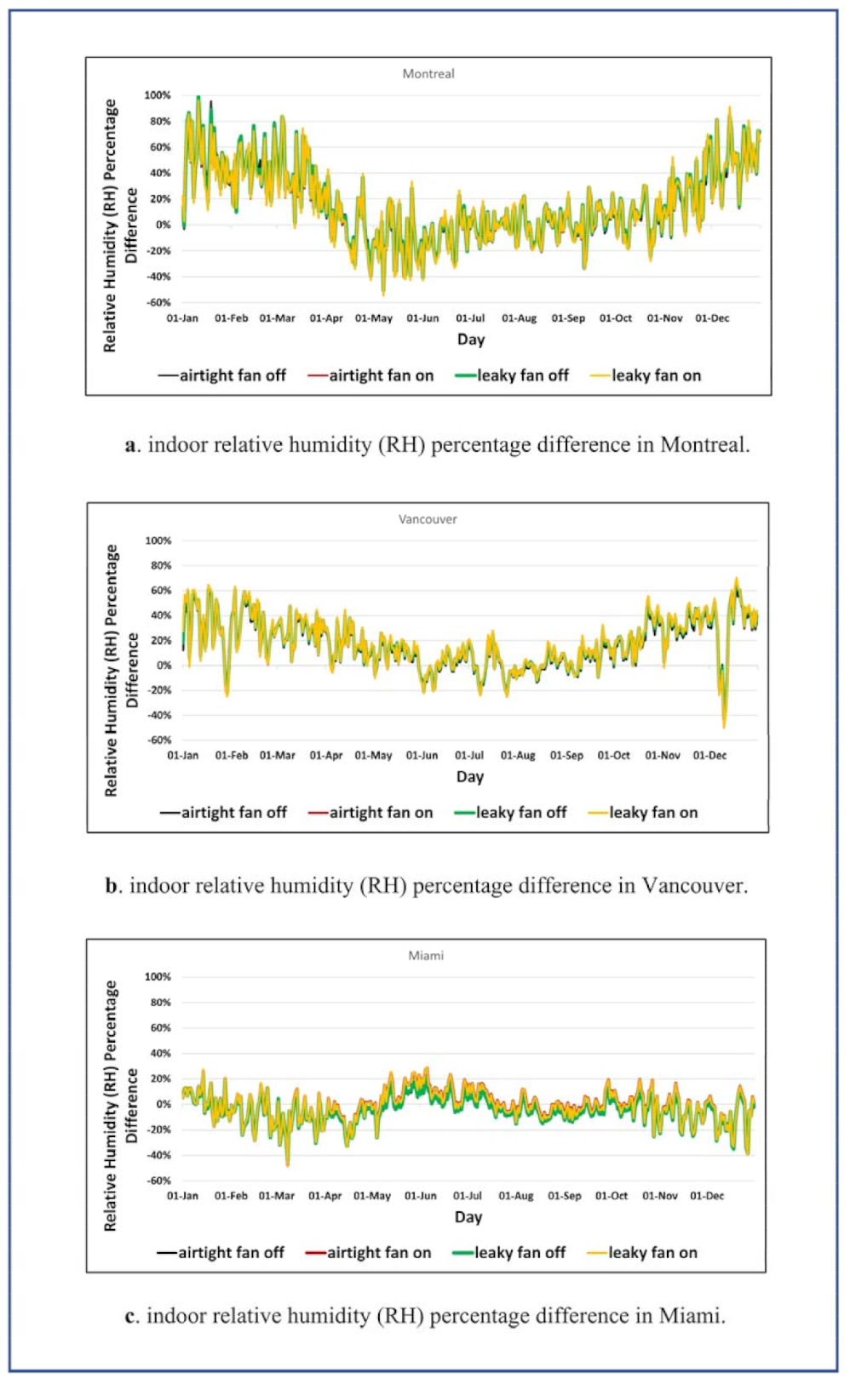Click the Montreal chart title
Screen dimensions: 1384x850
428,74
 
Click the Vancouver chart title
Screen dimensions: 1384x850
428,519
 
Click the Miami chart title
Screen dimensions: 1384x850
426,956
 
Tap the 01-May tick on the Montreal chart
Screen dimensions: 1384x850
374,318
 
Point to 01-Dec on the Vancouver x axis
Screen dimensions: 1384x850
709,755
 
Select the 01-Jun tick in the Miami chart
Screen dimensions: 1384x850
421,1196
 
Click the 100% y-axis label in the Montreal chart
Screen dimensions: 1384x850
158,95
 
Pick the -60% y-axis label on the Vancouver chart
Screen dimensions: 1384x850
159,740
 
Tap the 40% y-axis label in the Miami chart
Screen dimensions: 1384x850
160,1053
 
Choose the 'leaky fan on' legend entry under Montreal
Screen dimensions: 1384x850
656,375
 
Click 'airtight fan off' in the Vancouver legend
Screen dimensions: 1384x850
233,812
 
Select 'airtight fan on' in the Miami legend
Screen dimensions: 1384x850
379,1252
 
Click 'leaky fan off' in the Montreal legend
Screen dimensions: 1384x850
522,375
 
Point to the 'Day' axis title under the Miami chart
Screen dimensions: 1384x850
468,1217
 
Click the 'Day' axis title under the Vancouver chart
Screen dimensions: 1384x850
470,776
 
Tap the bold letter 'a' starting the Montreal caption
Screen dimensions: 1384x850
130,445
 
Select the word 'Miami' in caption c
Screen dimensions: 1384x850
689,1316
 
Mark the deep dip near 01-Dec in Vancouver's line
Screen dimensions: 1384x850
724,723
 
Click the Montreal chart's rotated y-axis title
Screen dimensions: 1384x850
119,226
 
